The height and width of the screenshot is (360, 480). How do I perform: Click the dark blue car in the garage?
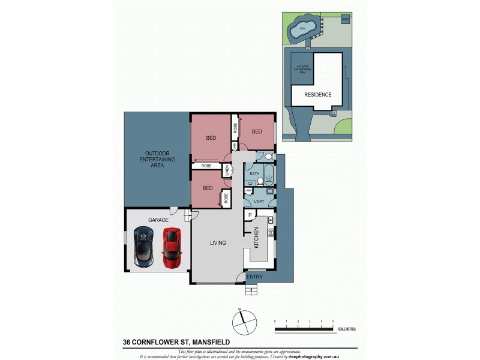143,247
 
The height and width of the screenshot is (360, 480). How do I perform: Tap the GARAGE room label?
159,220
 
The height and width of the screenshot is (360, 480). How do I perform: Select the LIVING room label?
218,243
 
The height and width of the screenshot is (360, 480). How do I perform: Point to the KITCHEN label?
256,238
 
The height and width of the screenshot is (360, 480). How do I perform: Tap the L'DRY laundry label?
260,200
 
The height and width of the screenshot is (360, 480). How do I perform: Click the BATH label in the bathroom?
254,174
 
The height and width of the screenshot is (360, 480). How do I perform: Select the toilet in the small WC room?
268,158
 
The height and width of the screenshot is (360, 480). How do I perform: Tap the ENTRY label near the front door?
254,277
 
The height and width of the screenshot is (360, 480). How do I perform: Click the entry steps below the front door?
251,290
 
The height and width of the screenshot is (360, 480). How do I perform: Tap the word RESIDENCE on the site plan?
317,95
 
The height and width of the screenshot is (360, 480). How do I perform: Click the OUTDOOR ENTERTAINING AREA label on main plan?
157,159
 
